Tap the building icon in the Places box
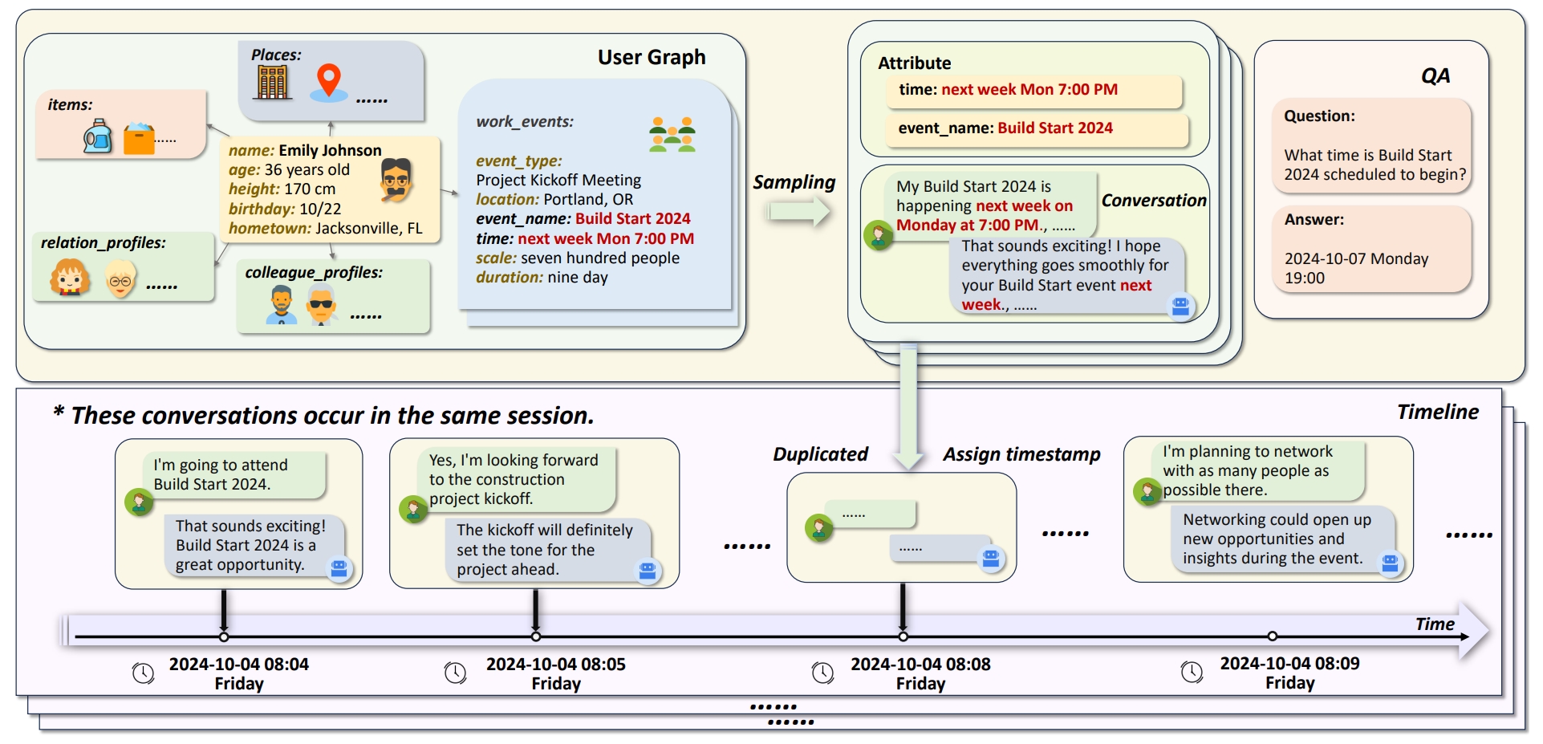273,82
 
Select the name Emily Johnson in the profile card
330,150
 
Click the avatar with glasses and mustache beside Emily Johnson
396,179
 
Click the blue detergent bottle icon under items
98,136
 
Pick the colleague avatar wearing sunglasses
321,304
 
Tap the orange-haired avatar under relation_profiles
69,278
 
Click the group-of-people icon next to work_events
672,135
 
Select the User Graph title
652,57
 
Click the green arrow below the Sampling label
799,212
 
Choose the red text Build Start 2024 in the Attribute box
1055,128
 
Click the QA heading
1435,76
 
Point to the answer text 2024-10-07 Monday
1357,258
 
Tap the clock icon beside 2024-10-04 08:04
144,673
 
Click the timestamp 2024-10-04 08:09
1290,664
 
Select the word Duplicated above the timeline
820,454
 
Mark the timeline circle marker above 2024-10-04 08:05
536,636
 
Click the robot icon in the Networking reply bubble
1390,563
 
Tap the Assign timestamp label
1021,455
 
